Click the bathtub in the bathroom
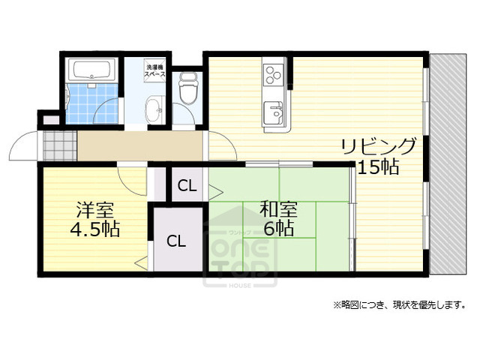click(91, 70)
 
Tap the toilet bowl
click(187, 93)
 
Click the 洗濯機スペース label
click(156, 72)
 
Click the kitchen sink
click(273, 114)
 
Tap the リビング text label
click(377, 145)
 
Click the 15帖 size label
click(377, 167)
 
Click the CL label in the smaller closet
click(187, 186)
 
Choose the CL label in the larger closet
click(176, 241)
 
